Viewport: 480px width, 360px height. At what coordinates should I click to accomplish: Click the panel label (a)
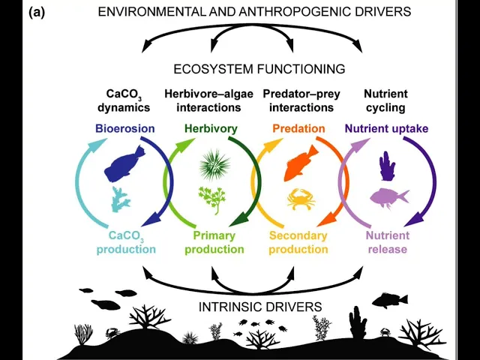click(x=36, y=12)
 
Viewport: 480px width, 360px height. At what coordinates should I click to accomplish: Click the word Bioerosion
click(x=124, y=128)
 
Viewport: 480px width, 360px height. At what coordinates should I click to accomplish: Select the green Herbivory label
click(x=211, y=128)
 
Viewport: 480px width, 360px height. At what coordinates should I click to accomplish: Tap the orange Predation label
click(x=298, y=128)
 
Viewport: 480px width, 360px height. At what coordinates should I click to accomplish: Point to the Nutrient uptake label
click(x=386, y=128)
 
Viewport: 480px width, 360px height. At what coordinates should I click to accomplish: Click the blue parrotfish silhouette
click(x=127, y=167)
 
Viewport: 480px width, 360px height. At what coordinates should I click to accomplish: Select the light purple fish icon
click(x=389, y=197)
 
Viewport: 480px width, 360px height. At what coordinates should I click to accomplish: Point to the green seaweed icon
click(x=211, y=199)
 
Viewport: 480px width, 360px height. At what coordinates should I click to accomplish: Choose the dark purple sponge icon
click(x=386, y=166)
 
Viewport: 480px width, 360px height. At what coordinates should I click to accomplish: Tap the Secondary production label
click(x=298, y=242)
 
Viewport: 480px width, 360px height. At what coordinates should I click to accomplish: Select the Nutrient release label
click(x=387, y=242)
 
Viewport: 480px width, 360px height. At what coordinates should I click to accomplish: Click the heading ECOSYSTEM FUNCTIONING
click(x=259, y=69)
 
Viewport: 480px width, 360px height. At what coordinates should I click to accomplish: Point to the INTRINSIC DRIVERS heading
click(x=260, y=307)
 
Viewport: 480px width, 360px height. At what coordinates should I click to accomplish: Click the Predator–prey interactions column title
click(x=298, y=100)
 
